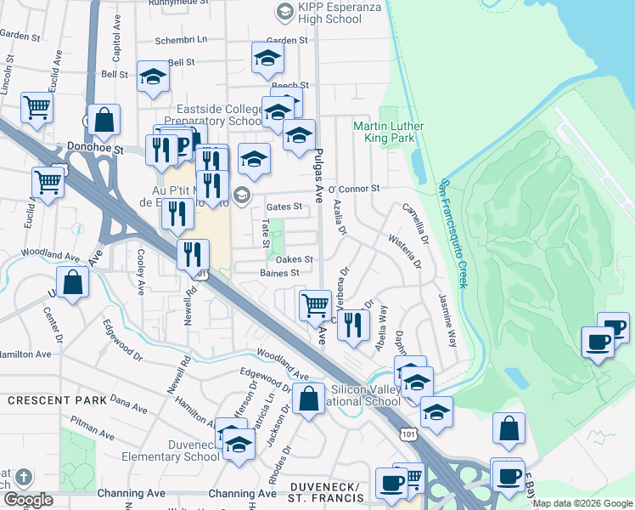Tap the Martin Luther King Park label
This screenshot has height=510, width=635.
[388, 132]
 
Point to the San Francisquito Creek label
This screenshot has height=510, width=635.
[452, 232]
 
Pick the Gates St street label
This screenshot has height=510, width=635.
[284, 207]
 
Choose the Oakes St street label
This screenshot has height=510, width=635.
[295, 259]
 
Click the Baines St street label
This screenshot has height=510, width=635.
[280, 273]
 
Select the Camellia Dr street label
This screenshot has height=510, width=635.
[413, 222]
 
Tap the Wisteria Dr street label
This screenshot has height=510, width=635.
[404, 251]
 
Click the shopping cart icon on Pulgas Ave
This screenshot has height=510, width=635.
[315, 303]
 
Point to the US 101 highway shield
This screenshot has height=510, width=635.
[408, 433]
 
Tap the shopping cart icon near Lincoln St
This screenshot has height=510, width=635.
[37, 108]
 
